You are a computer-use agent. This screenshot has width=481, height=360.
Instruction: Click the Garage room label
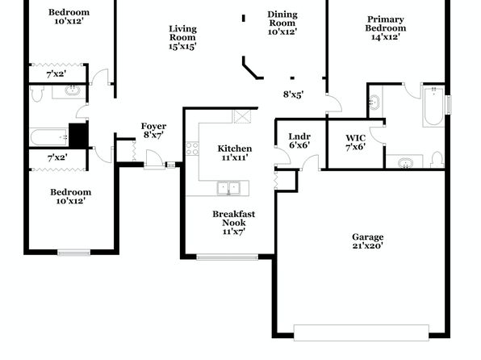tap(367, 241)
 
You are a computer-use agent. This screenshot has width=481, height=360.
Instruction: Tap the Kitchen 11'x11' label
tap(235, 153)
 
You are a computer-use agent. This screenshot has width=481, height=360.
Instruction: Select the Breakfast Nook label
tap(234, 223)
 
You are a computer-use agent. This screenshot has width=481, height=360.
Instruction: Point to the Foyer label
tap(153, 131)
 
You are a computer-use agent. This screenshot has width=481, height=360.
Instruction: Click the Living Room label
tap(183, 37)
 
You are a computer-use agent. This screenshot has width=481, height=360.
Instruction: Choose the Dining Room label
tap(282, 23)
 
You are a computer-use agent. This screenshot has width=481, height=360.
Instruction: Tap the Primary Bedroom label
tap(385, 28)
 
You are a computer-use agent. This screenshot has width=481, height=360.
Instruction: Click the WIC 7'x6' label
tap(356, 142)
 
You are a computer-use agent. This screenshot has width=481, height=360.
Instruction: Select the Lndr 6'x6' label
tap(299, 140)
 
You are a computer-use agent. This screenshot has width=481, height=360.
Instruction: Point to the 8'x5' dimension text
tap(293, 94)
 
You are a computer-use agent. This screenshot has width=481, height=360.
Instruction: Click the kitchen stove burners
tap(192, 149)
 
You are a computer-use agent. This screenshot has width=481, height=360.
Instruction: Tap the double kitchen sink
tap(228, 188)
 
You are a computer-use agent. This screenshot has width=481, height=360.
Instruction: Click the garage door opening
tap(362, 333)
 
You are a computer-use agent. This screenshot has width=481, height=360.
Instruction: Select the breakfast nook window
tap(228, 257)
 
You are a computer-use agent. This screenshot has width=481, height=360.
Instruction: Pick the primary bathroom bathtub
tap(433, 107)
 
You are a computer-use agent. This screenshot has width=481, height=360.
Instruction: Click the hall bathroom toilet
tap(37, 94)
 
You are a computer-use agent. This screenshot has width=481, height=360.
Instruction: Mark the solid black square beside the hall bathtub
tap(78, 136)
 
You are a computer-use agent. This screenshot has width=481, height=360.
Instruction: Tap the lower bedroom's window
tap(73, 253)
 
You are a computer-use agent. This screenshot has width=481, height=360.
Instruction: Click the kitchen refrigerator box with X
tap(242, 116)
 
